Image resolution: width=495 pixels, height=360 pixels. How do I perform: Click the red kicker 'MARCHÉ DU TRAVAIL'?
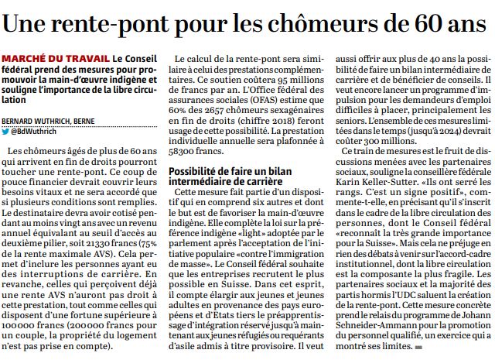(55, 60)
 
